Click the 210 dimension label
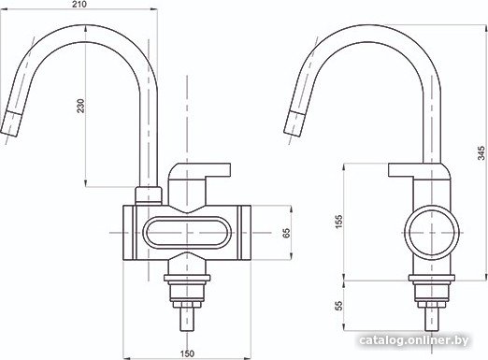click(80, 4)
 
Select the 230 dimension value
click(80, 106)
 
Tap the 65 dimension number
click(286, 233)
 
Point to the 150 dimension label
click(187, 353)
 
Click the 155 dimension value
click(338, 221)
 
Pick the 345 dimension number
click(481, 153)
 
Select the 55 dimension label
click(338, 306)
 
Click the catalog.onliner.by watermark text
click(413, 340)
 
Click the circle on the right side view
click(432, 210)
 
